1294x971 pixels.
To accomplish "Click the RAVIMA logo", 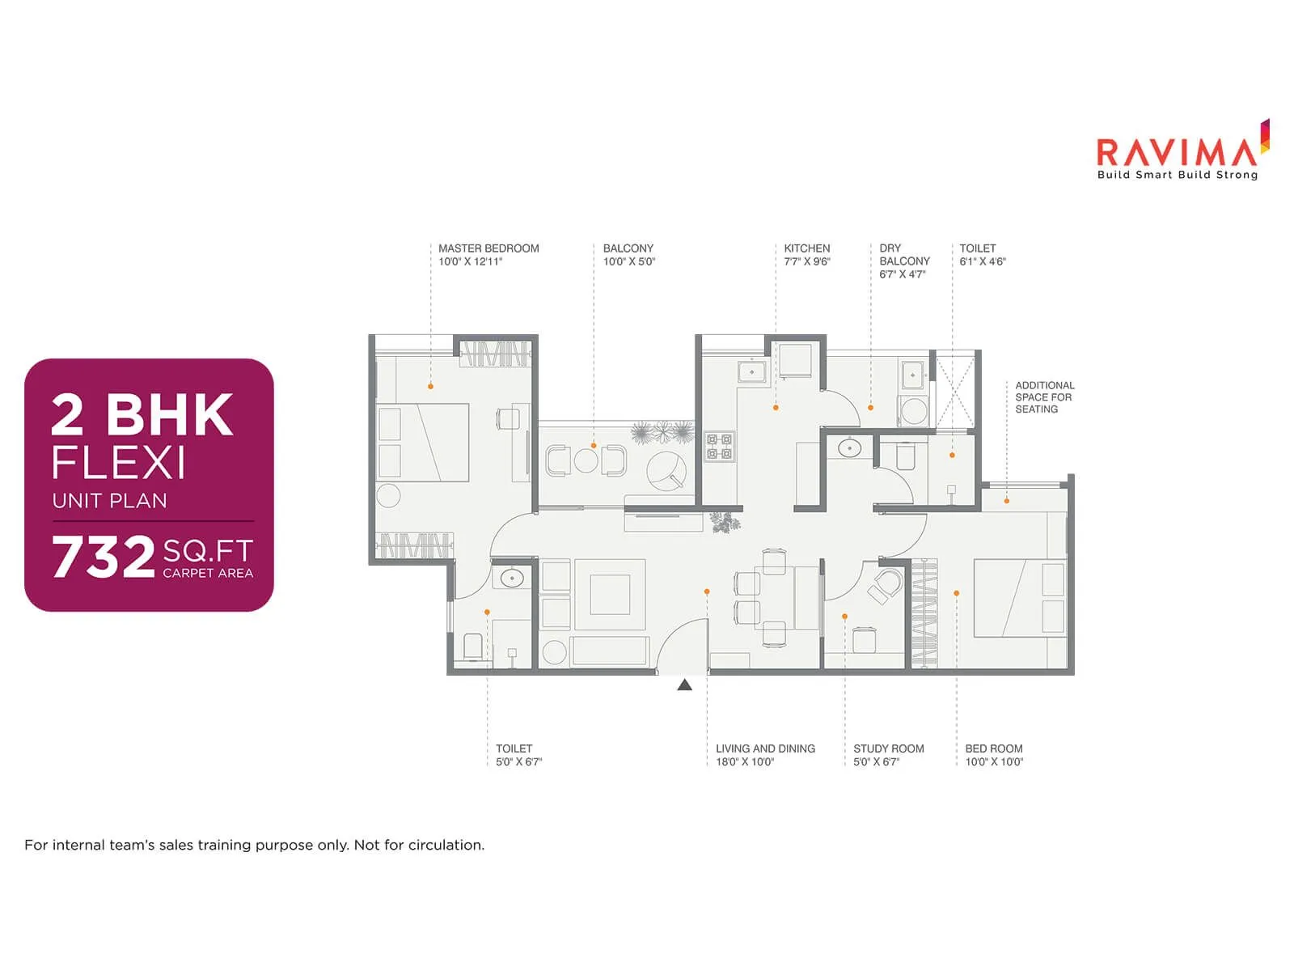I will [x=1177, y=154].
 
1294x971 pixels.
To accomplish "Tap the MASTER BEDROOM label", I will [x=488, y=248].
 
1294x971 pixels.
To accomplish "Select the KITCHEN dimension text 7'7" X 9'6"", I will [x=806, y=261].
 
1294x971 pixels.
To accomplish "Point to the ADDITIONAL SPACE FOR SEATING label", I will [x=1044, y=397].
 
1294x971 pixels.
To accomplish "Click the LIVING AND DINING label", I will [x=765, y=748].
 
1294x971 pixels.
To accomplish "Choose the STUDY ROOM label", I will [x=888, y=748].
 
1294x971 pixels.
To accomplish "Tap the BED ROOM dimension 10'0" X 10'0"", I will [x=994, y=761].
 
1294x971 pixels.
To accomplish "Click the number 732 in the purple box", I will [x=104, y=557].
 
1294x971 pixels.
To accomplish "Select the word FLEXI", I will [x=119, y=464].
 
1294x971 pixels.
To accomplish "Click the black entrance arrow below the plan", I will [x=685, y=685].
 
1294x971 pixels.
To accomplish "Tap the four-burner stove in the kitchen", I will [x=719, y=447].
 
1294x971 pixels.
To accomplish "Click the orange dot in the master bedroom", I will [x=430, y=387].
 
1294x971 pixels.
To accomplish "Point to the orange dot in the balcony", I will [x=594, y=446].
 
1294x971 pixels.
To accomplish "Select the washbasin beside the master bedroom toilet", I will [x=511, y=579].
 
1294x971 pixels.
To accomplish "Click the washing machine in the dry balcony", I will [x=914, y=410].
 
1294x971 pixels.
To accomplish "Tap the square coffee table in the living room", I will [x=610, y=595].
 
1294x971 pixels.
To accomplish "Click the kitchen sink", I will [x=751, y=372].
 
